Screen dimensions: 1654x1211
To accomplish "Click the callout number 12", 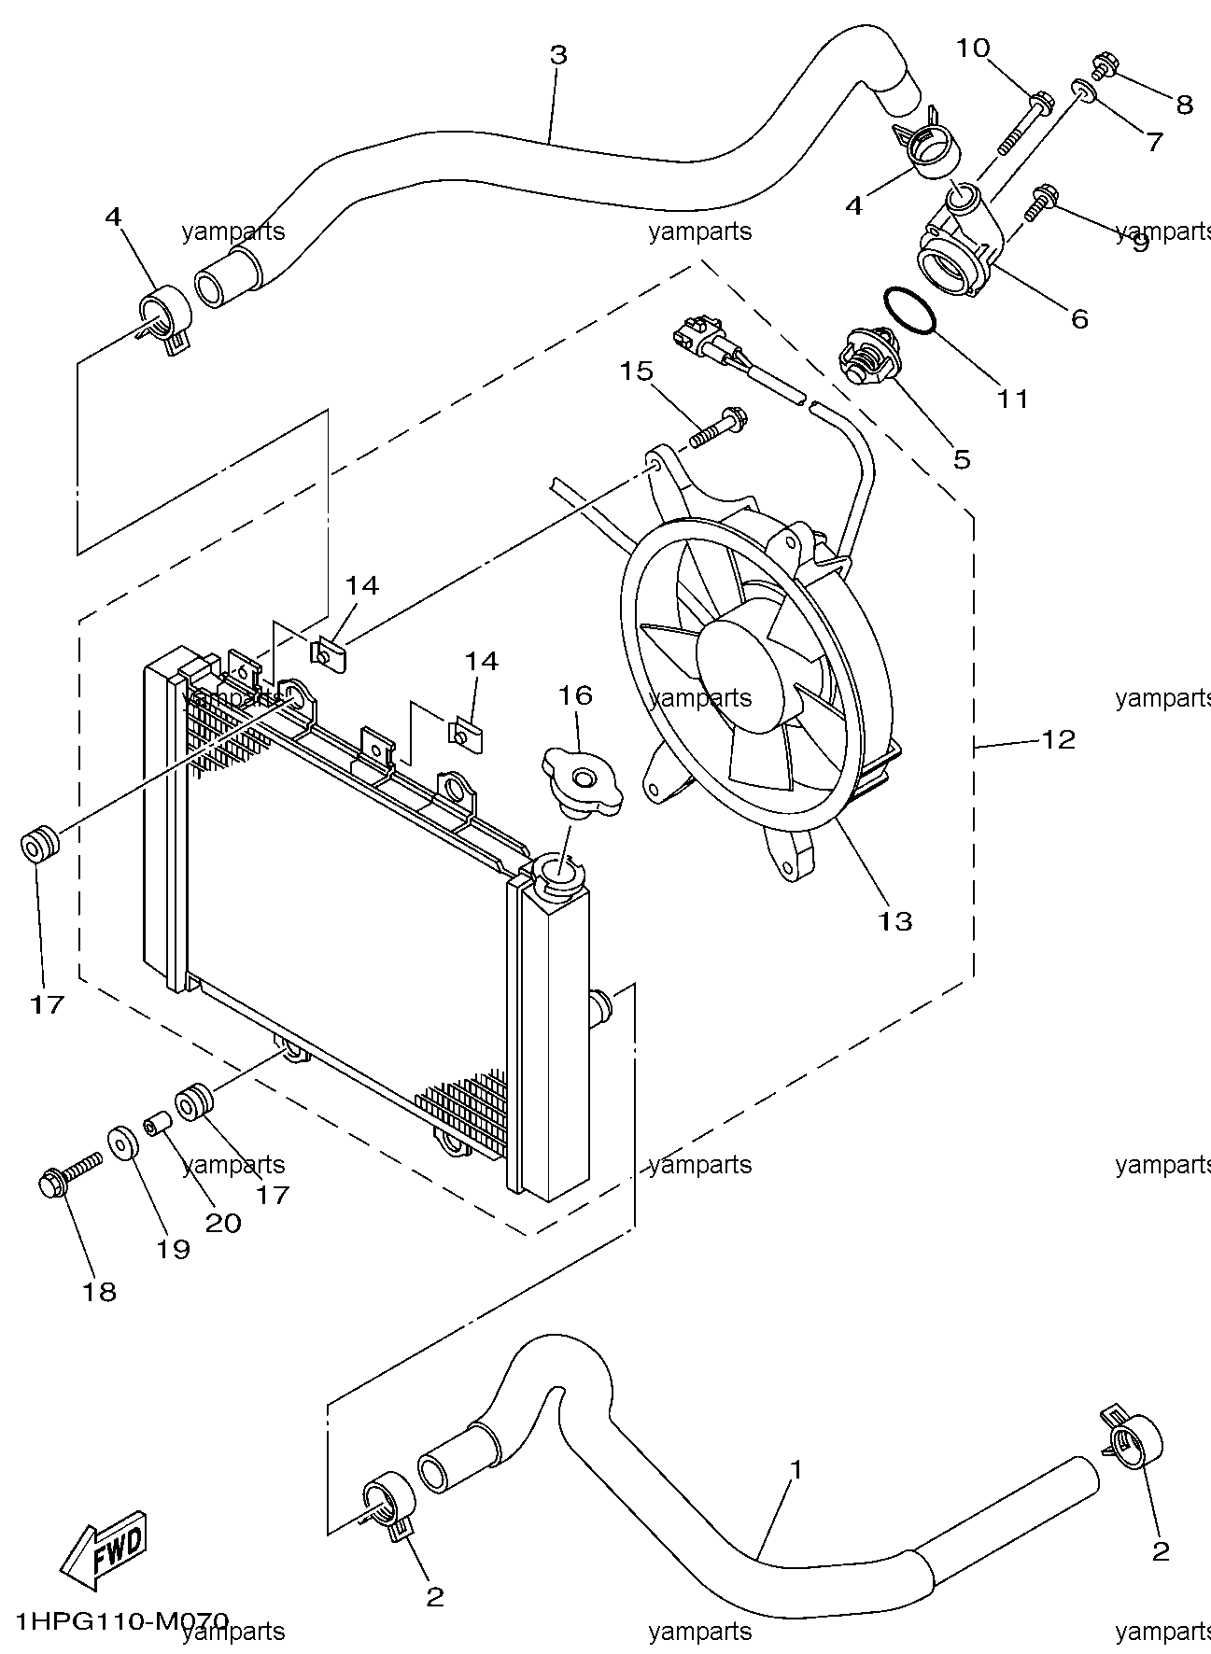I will pyautogui.click(x=1058, y=740).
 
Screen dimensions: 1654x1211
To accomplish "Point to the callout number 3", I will pyautogui.click(x=557, y=55).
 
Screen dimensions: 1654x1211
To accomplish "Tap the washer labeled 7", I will pyautogui.click(x=1085, y=91).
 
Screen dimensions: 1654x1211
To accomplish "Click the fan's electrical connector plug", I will pyautogui.click(x=697, y=339).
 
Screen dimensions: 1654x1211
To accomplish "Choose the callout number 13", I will pyautogui.click(x=894, y=921).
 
